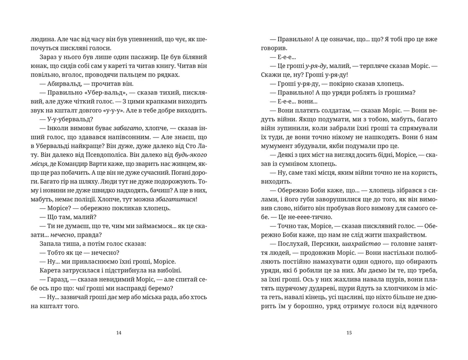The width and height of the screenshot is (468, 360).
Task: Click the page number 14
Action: point(118,333)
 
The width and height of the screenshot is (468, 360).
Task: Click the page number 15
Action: point(349,333)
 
